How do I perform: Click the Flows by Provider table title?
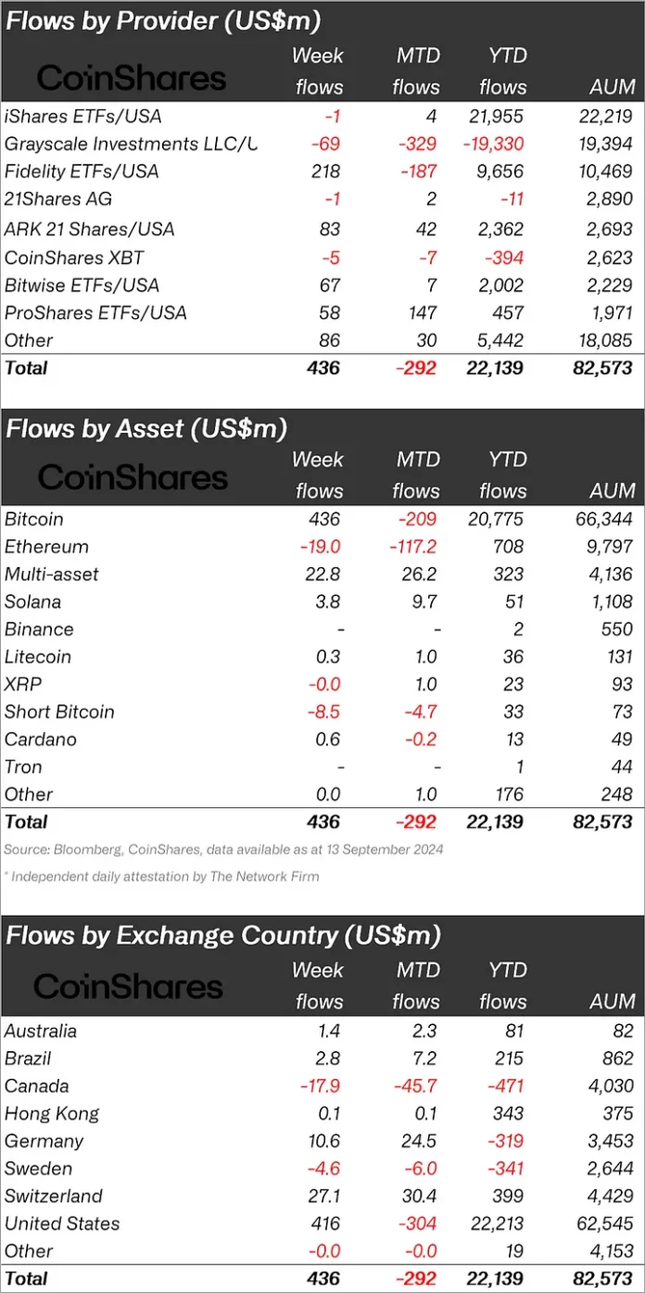pyautogui.click(x=163, y=20)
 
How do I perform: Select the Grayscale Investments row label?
pyautogui.click(x=130, y=144)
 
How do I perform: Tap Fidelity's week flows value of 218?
pyautogui.click(x=326, y=171)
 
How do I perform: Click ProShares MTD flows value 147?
pyautogui.click(x=423, y=312)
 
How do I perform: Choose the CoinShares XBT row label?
pyautogui.click(x=74, y=257)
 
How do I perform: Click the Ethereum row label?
pyautogui.click(x=46, y=547)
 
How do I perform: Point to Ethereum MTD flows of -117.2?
pyautogui.click(x=413, y=547)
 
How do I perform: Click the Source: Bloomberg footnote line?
pyautogui.click(x=223, y=849)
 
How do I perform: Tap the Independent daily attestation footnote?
pyautogui.click(x=161, y=876)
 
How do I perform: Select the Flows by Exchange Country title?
pyautogui.click(x=222, y=936)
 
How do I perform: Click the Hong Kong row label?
pyautogui.click(x=51, y=1113)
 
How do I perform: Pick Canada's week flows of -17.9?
pyautogui.click(x=321, y=1085)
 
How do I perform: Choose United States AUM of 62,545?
pyautogui.click(x=603, y=1223)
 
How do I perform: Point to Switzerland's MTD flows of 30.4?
pyautogui.click(x=416, y=1196)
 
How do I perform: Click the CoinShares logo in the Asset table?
pyautogui.click(x=132, y=476)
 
